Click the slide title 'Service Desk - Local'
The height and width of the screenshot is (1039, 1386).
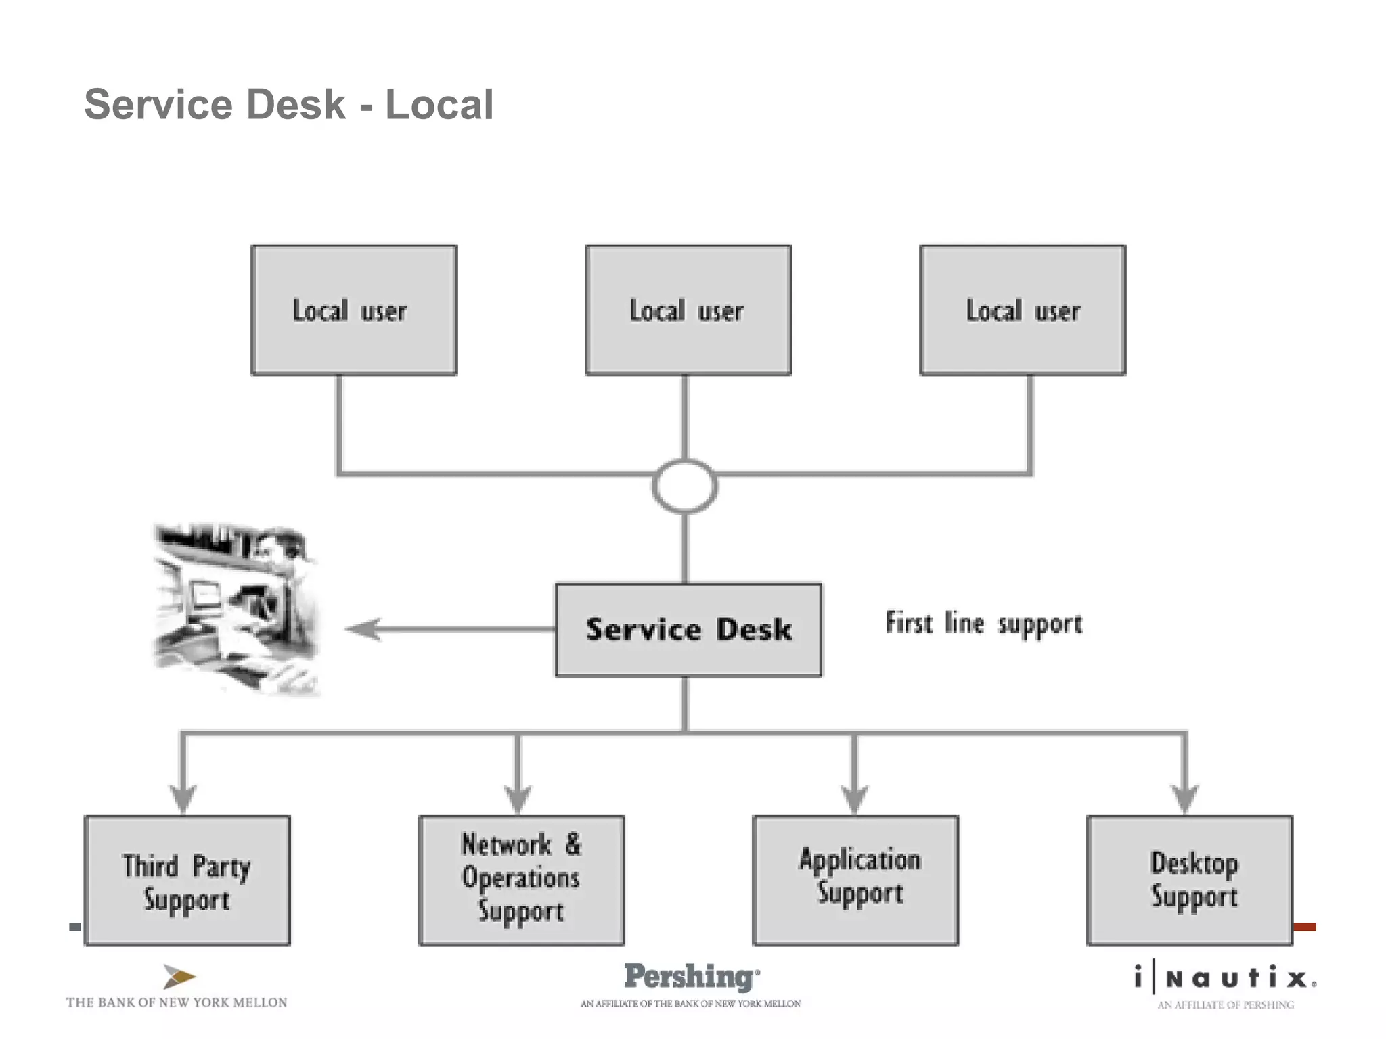tap(289, 105)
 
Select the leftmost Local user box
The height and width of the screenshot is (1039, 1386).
tap(354, 310)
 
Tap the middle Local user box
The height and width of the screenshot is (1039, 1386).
tap(688, 310)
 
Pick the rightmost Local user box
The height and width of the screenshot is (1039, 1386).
tap(1022, 310)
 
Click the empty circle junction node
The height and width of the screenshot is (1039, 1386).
tap(685, 486)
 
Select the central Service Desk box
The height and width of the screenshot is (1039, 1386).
tap(688, 630)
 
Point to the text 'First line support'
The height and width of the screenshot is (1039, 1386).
tap(983, 624)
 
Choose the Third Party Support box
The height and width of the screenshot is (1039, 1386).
tap(187, 881)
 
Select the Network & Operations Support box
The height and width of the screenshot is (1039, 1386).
tap(521, 881)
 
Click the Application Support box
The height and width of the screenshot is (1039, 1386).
tap(855, 881)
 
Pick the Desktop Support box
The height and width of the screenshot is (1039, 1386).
tap(1190, 881)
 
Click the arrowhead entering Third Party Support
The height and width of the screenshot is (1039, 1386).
tap(183, 798)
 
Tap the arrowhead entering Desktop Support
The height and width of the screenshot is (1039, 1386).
tap(1184, 798)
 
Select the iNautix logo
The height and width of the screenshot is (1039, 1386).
tap(1225, 978)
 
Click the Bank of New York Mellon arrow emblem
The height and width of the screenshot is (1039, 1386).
tap(179, 977)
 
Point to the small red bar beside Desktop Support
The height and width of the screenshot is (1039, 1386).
tap(1304, 927)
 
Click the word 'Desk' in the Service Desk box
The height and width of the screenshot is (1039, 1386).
tap(753, 630)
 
